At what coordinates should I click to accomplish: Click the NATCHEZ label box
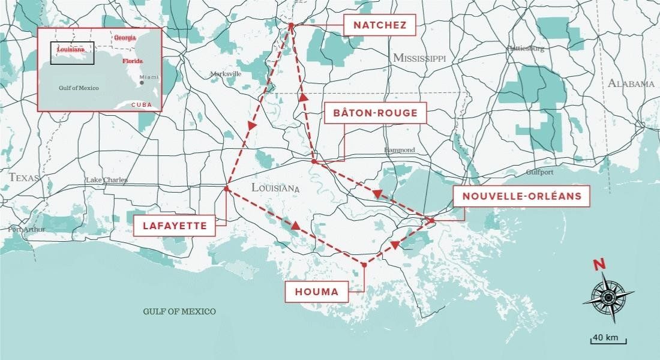(x=380, y=25)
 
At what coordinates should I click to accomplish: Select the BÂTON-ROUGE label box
(x=375, y=112)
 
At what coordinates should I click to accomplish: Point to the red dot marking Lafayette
(x=226, y=189)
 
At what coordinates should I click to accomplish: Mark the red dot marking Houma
(x=364, y=265)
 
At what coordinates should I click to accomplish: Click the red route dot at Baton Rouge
(x=314, y=161)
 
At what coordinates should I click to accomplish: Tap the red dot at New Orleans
(x=431, y=221)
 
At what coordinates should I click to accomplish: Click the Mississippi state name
(x=420, y=58)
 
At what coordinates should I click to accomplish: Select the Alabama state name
(x=631, y=83)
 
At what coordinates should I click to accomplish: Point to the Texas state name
(x=24, y=178)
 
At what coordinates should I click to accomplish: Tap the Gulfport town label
(x=539, y=172)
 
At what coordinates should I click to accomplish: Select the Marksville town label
(x=226, y=74)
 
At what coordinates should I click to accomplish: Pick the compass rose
(x=608, y=296)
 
